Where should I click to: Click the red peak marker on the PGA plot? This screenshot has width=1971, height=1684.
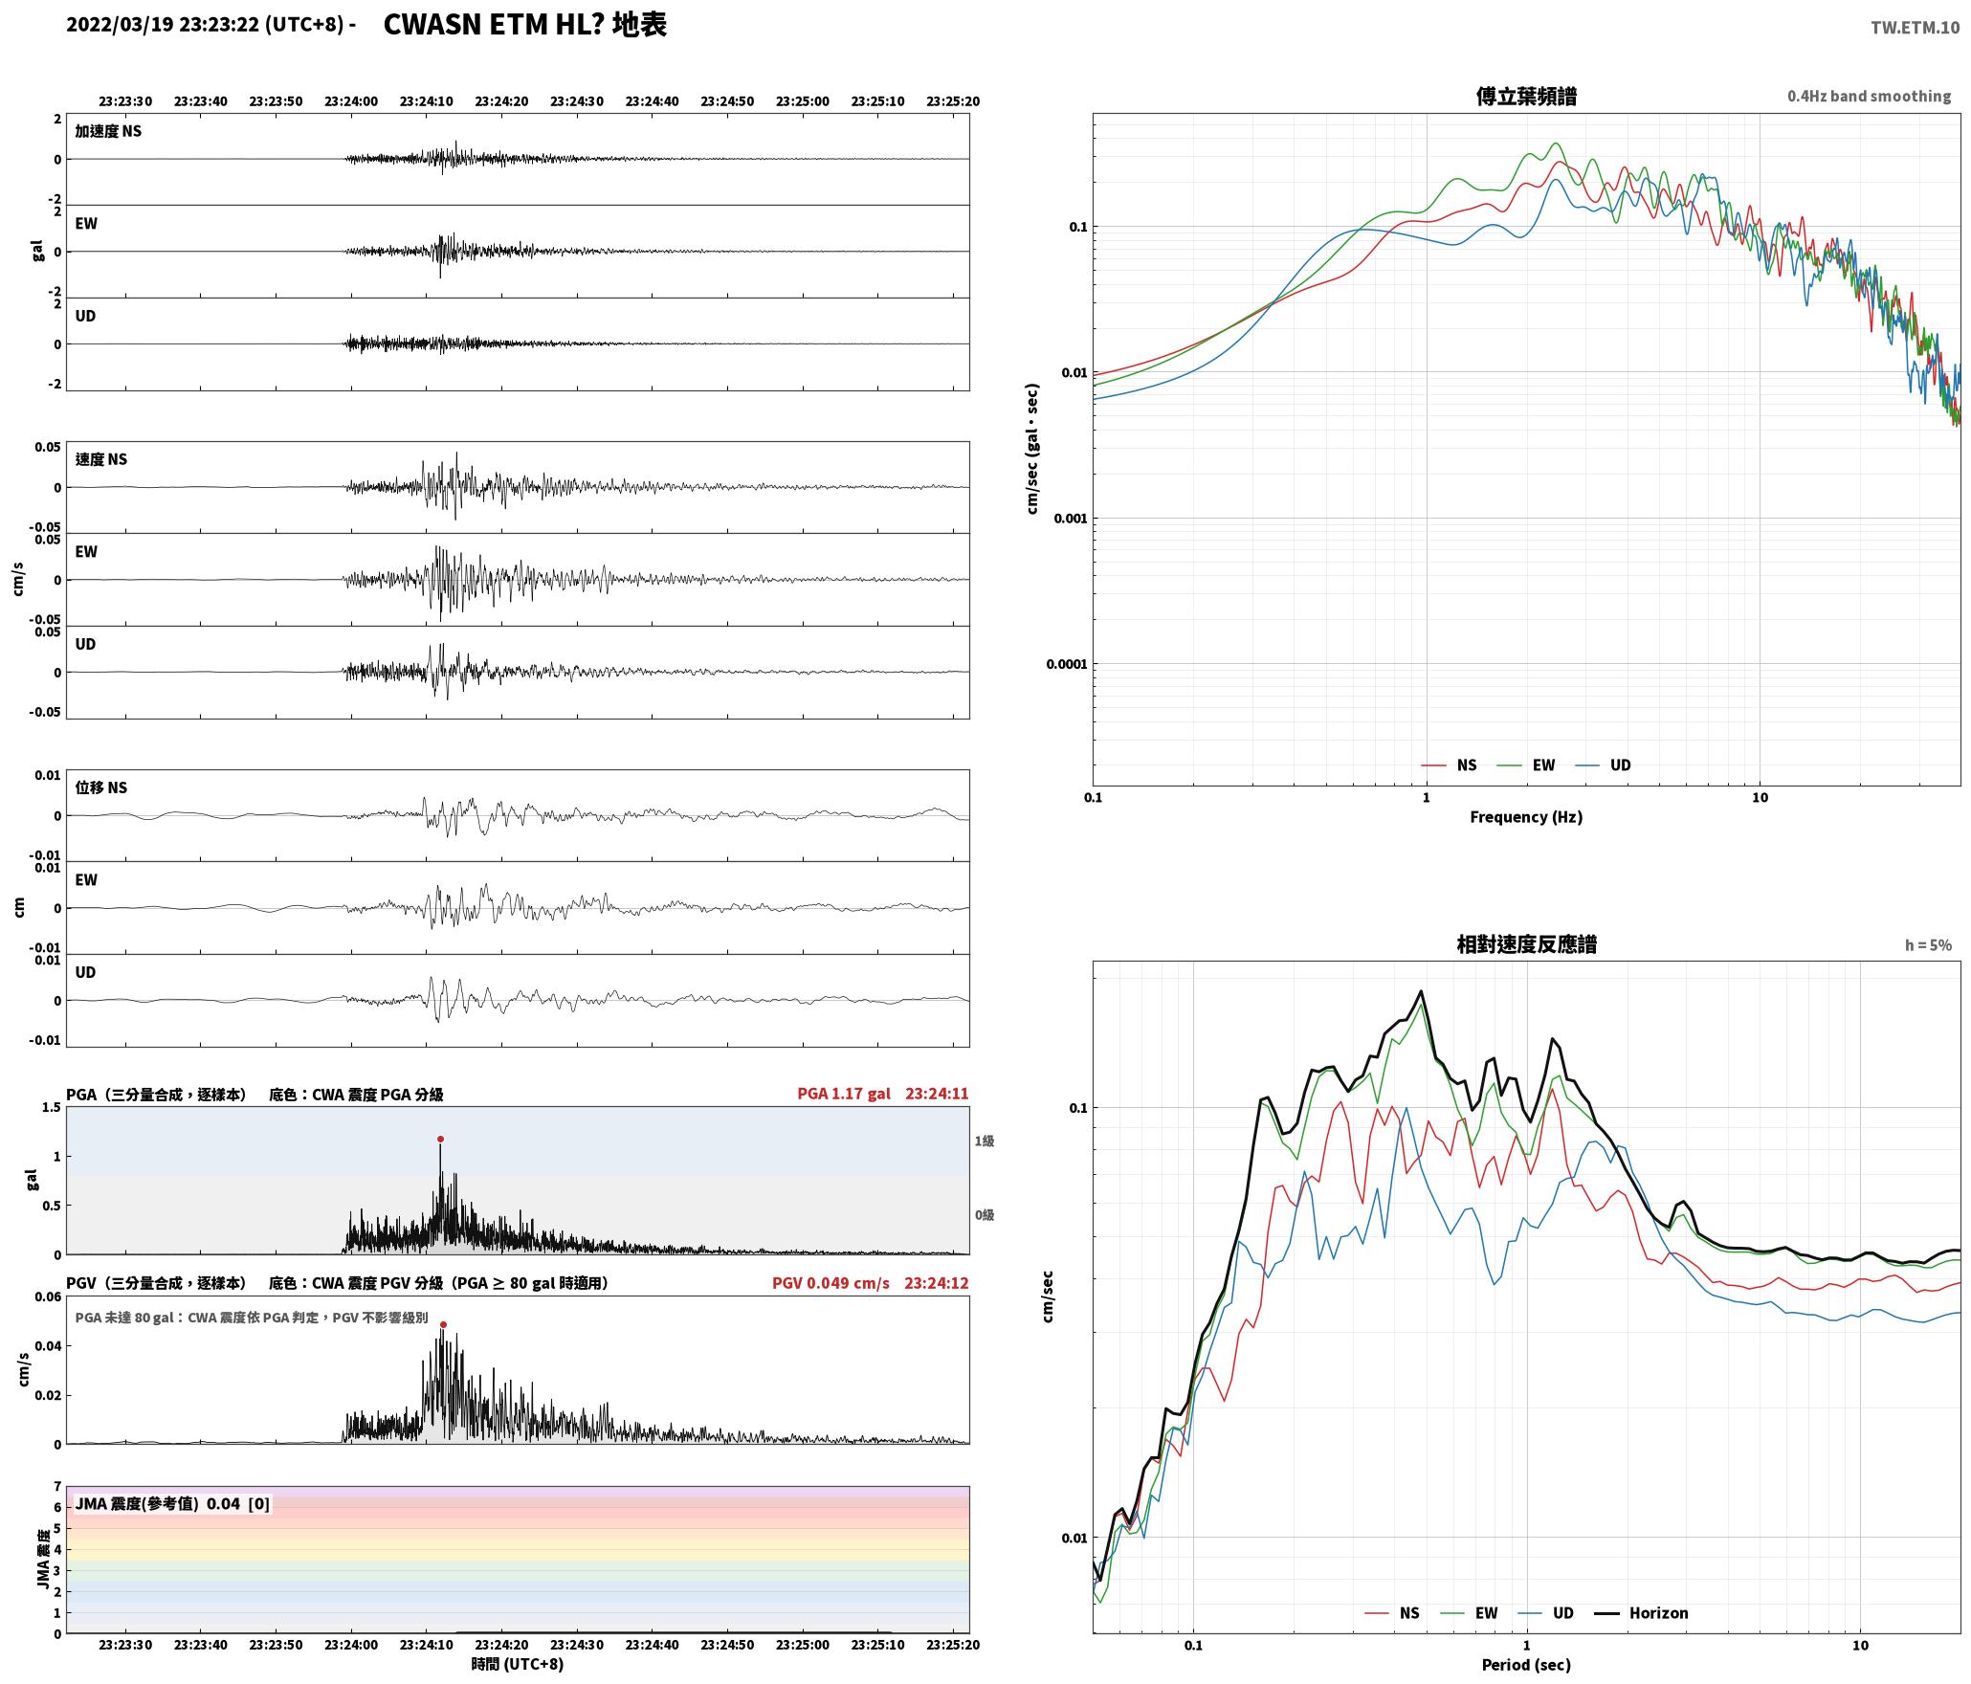tap(440, 1139)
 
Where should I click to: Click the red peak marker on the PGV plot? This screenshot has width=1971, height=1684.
tap(443, 1324)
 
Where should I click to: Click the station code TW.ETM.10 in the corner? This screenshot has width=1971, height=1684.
tap(1916, 28)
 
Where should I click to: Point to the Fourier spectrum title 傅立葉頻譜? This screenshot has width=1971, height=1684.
tap(1526, 97)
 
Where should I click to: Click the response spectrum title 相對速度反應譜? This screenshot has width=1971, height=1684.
tap(1526, 944)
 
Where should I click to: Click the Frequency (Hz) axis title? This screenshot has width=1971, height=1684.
tap(1526, 817)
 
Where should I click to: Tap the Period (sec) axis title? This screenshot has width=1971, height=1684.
tap(1526, 1665)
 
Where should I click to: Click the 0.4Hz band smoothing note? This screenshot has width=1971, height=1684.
tap(1869, 97)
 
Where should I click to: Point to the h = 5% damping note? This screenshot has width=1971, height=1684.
tap(1928, 945)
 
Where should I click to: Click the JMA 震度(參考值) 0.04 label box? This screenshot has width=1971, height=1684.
tap(172, 1504)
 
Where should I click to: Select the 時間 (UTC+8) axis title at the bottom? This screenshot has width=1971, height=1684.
tap(518, 1664)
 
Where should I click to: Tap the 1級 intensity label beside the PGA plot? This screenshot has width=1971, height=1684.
tap(985, 1141)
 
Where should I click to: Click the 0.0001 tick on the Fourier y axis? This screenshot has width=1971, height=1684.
tap(1066, 664)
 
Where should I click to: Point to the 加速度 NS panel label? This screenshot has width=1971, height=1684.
tap(108, 131)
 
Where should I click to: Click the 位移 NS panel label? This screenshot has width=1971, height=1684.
tap(101, 787)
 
